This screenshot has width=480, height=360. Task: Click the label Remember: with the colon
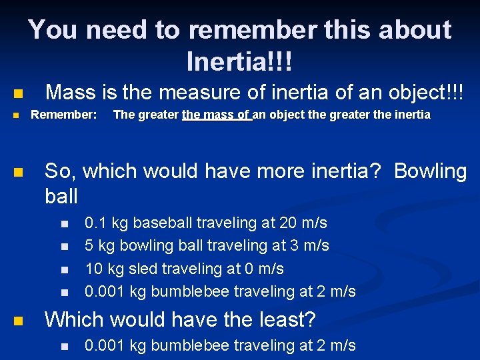click(x=64, y=115)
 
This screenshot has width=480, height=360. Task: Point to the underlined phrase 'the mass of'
click(x=216, y=115)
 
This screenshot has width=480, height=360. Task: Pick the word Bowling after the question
click(x=431, y=171)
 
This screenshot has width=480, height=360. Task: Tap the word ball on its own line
click(x=61, y=196)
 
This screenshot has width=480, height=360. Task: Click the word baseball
click(x=164, y=223)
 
